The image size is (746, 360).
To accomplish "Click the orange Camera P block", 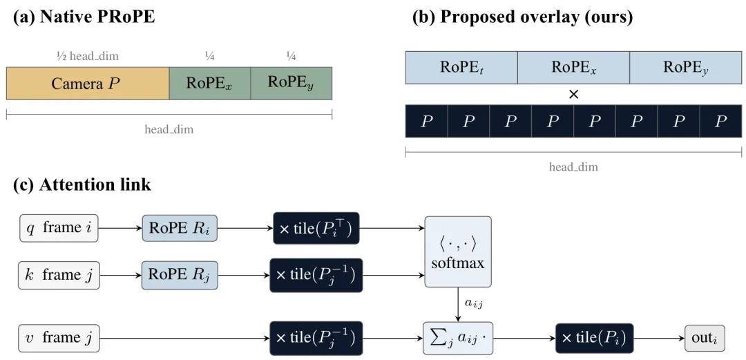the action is (x=88, y=84).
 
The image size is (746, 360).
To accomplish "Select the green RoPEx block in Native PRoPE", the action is (x=210, y=84).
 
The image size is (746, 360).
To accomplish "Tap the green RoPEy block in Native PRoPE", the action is (x=291, y=84).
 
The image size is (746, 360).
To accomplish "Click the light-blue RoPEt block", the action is (x=461, y=67).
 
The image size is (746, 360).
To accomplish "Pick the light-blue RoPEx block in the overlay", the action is (x=573, y=67).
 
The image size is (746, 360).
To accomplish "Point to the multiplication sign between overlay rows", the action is (x=574, y=94).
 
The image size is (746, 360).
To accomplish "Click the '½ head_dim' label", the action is (x=88, y=57).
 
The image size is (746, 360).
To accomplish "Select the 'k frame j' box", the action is (x=59, y=275).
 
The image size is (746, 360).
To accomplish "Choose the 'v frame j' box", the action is (x=59, y=338).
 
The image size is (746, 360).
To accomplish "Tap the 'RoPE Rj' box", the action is (x=180, y=275).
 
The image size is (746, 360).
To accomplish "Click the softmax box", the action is (x=458, y=252).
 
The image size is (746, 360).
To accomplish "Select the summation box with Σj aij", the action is (x=458, y=338).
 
